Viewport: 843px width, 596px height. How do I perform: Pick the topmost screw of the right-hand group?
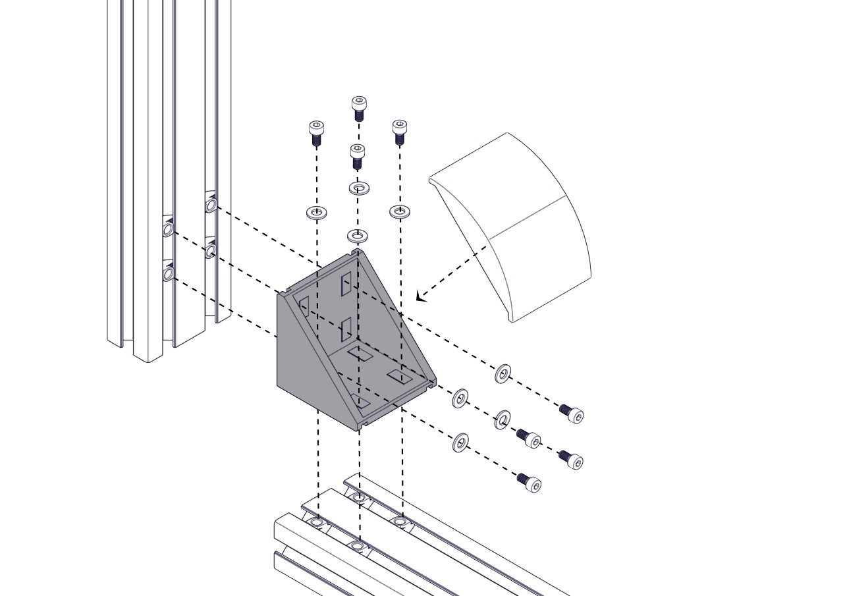(572, 413)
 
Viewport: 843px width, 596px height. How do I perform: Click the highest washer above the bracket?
(359, 188)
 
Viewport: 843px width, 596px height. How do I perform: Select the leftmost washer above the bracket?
(317, 213)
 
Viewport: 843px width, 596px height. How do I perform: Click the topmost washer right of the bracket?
(503, 373)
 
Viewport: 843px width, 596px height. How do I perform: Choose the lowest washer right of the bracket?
(460, 443)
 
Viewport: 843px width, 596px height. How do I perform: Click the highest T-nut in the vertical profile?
(211, 205)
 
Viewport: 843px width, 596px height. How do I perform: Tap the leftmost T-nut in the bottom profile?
(318, 524)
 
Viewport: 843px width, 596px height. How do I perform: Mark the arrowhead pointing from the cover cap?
(420, 297)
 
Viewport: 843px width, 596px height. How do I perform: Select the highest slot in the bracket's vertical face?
(346, 284)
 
